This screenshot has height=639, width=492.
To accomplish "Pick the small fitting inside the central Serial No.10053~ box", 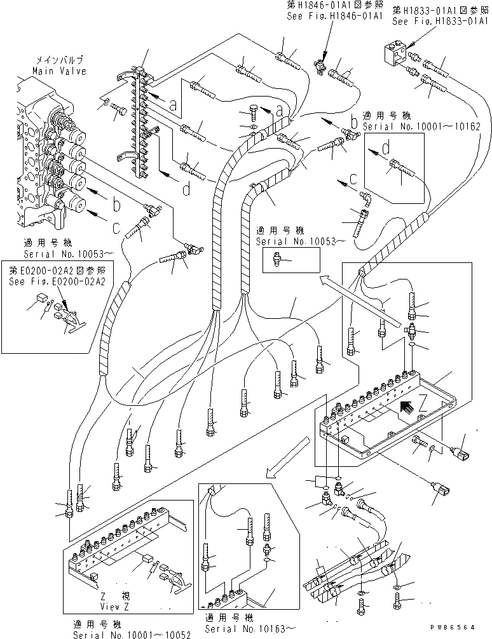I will click(278, 258).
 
